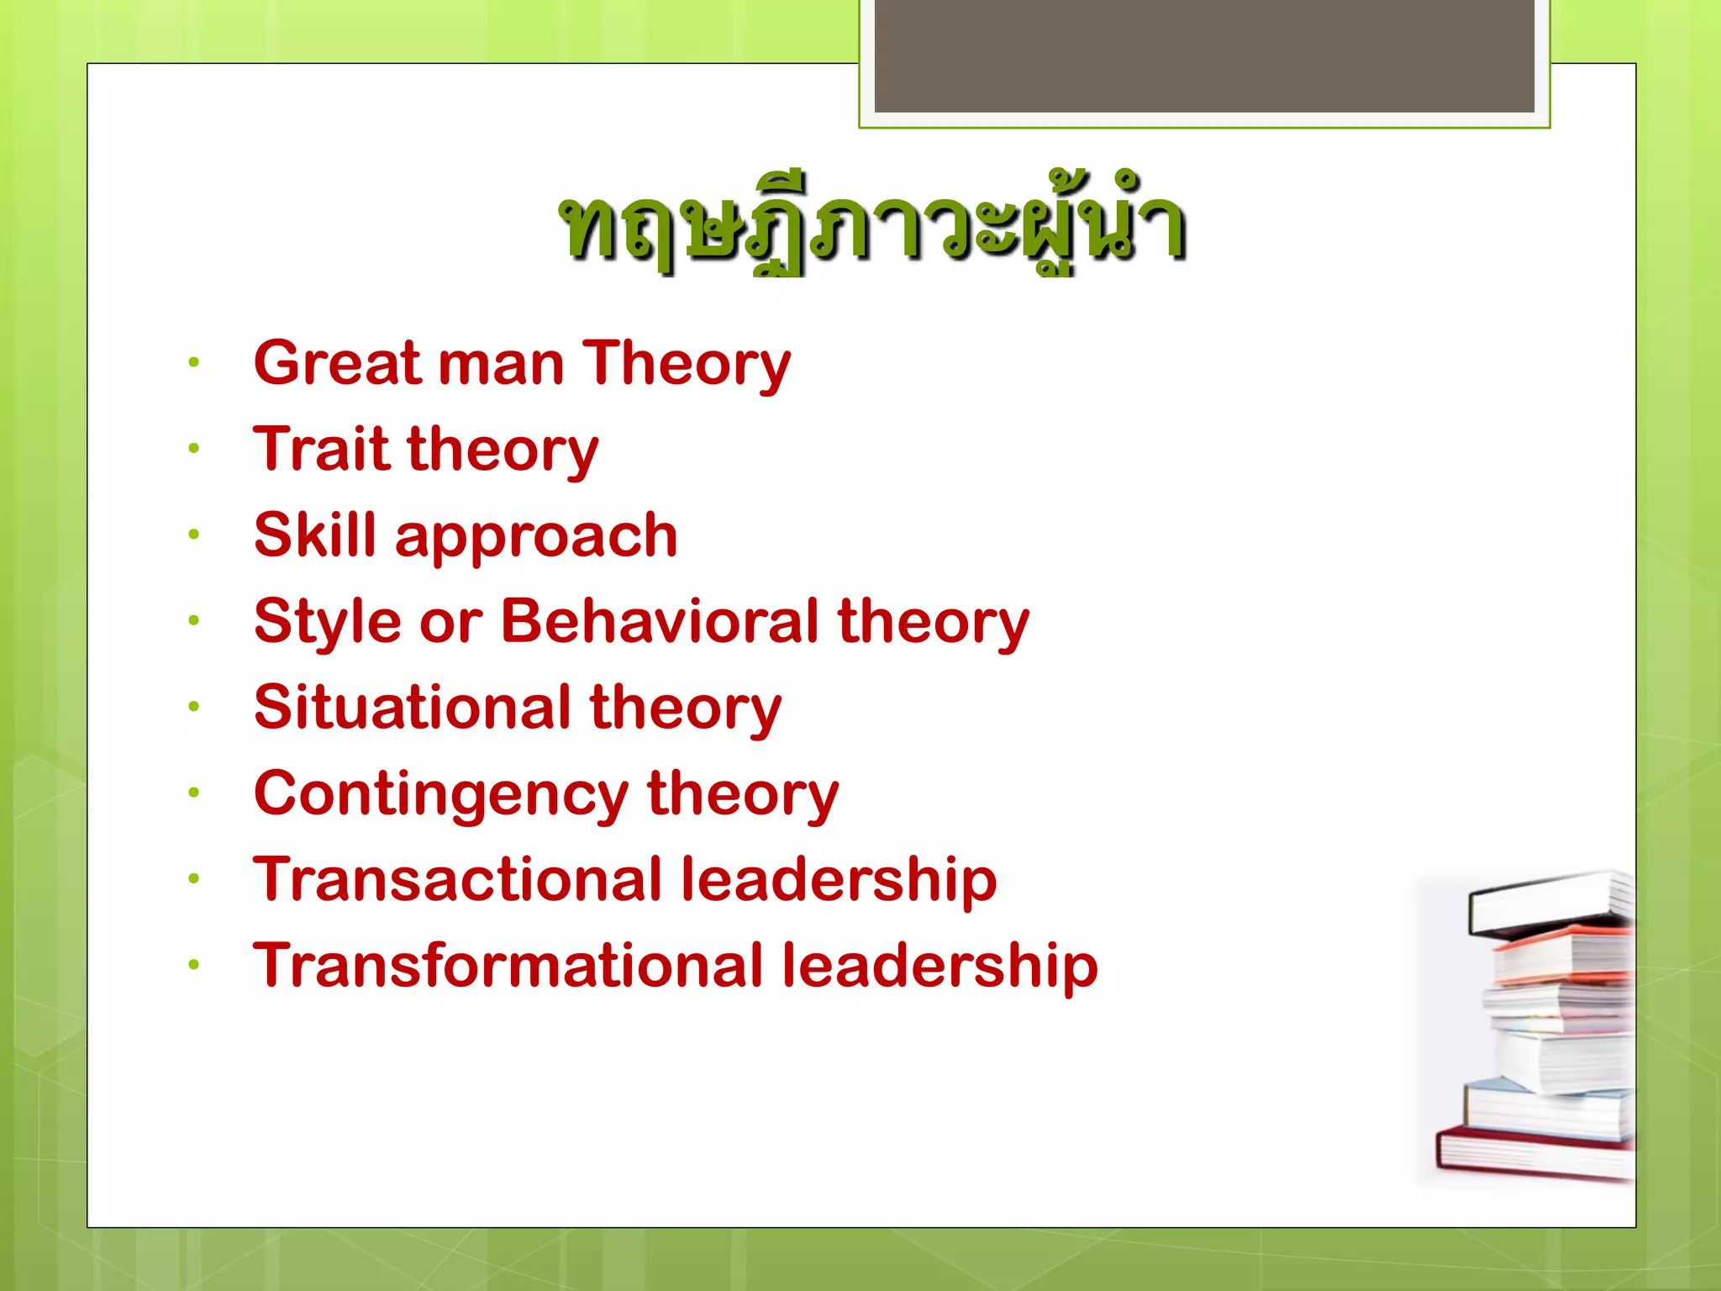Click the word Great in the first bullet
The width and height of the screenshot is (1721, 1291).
(337, 363)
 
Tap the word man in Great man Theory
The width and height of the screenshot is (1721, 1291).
(501, 365)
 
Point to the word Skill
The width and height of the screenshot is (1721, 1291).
(314, 535)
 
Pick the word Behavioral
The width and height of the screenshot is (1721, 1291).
(660, 621)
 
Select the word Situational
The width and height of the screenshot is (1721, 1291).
(412, 707)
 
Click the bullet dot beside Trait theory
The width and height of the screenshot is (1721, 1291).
(194, 448)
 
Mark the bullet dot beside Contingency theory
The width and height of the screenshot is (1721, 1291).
(194, 792)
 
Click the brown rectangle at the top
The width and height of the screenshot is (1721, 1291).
(1203, 55)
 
